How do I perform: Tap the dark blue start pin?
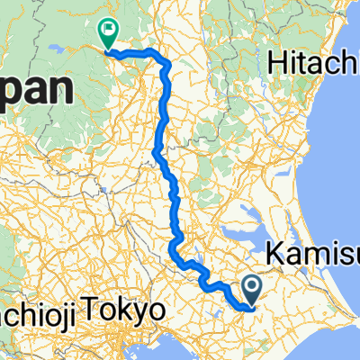click(252, 288)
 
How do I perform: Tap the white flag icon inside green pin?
click(108, 31)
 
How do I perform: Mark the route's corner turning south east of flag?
click(166, 61)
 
